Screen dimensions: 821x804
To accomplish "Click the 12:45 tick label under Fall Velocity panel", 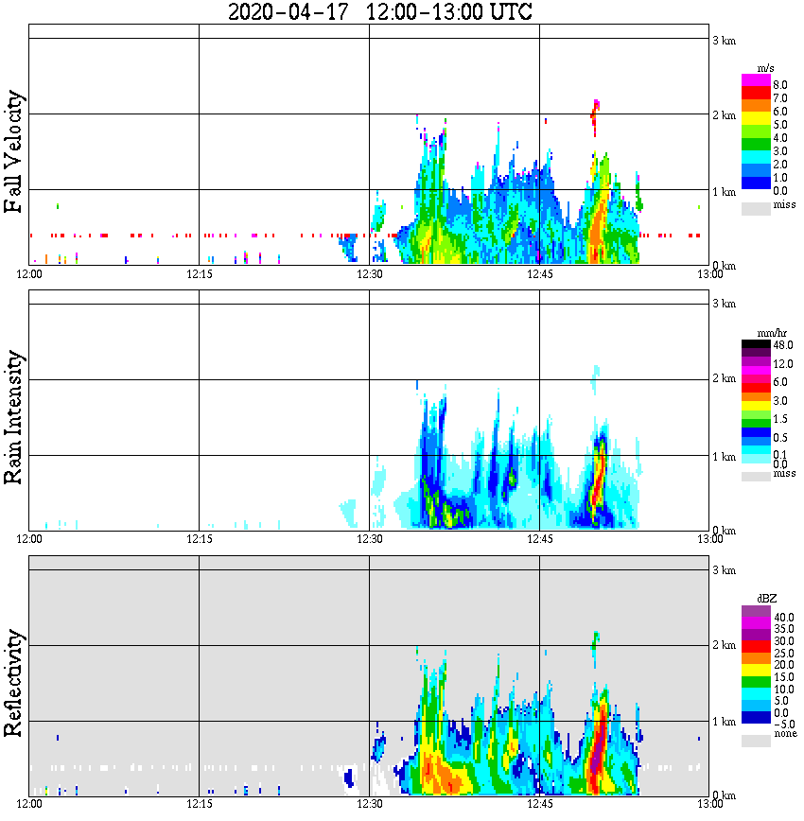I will click(x=540, y=274).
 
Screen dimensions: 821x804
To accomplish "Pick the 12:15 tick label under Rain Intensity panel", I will click(x=200, y=539).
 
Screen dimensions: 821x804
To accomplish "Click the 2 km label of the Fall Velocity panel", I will click(x=724, y=116).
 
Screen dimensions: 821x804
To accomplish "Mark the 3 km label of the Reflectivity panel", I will click(x=724, y=570).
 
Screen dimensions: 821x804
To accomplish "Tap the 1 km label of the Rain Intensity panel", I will click(x=724, y=457).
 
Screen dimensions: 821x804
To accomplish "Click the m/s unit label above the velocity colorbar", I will click(x=766, y=67).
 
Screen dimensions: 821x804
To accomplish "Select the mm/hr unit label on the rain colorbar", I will click(x=766, y=333).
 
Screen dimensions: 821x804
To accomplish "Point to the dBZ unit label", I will click(x=766, y=599).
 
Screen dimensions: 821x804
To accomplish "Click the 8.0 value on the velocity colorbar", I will click(x=780, y=85).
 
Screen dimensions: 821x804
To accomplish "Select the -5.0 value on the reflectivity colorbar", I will click(x=782, y=723).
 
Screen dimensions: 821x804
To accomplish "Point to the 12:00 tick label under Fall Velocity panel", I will click(x=30, y=274).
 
